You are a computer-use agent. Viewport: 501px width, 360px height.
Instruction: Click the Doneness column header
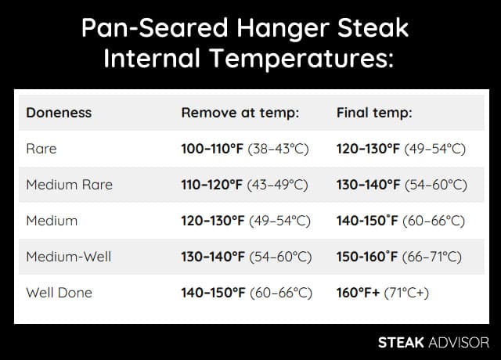click(59, 113)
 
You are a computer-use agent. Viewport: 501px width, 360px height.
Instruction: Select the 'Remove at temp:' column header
click(240, 113)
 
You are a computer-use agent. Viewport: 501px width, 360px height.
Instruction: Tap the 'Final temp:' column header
click(374, 113)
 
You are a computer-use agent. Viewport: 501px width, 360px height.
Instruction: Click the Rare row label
click(41, 149)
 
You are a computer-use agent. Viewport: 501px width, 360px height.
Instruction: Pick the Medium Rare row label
click(69, 185)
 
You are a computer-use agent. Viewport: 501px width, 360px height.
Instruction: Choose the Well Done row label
click(59, 293)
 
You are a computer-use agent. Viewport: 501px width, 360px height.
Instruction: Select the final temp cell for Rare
click(401, 149)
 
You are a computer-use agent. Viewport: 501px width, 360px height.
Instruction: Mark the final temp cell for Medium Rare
click(402, 185)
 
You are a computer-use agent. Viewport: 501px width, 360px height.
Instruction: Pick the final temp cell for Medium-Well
click(399, 257)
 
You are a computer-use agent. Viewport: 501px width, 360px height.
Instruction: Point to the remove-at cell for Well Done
click(247, 293)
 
